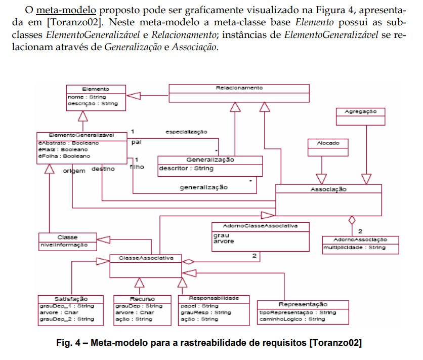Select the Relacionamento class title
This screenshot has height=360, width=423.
point(239,88)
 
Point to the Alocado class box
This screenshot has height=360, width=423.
point(328,143)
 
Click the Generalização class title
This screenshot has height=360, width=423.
point(210,159)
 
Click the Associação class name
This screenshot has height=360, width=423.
point(328,189)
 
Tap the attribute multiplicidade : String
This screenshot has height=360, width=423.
point(355,248)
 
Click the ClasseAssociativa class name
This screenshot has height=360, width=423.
point(146,258)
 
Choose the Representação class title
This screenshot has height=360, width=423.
point(303,304)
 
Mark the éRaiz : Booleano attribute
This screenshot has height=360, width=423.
point(57,150)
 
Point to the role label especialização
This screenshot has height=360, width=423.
point(186,132)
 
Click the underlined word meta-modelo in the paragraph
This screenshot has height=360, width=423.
point(56,11)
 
